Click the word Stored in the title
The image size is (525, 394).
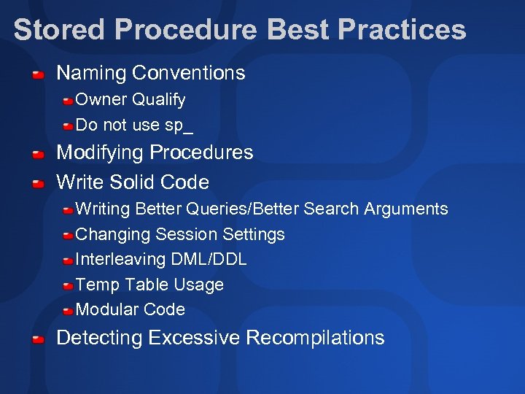point(59,30)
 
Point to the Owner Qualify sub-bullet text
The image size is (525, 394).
point(131,99)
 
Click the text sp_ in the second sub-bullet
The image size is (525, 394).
point(179,125)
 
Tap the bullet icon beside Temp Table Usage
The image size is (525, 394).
point(67,286)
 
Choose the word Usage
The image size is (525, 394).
point(199,285)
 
